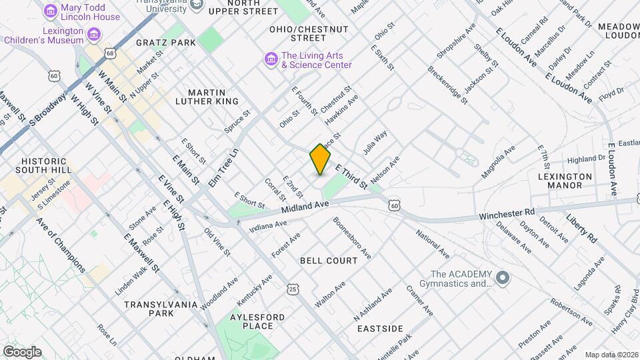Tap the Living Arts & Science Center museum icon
(271, 60)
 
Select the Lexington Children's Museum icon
(94, 34)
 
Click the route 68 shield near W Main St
(110, 53)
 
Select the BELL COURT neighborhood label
(329, 261)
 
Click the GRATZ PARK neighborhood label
(166, 43)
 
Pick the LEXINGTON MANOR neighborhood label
(565, 181)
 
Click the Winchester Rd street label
(507, 215)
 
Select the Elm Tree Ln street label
(223, 167)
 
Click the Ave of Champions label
(61, 245)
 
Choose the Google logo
(21, 351)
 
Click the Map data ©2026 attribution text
(611, 355)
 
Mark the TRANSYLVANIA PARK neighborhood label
(161, 309)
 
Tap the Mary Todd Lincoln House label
(90, 11)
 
